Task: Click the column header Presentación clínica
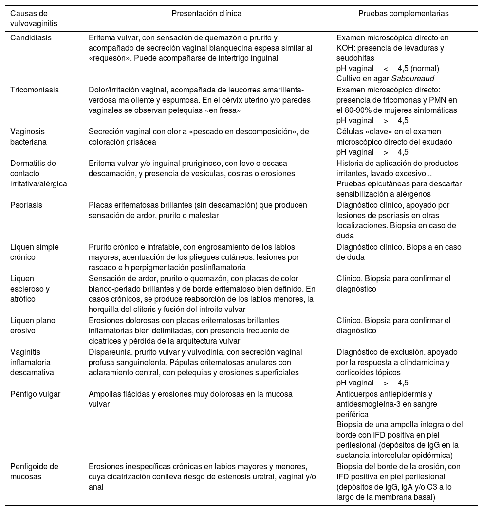[206, 14]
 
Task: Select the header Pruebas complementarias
[404, 14]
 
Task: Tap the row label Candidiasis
[31, 37]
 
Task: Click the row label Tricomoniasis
[34, 90]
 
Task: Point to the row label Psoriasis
[26, 205]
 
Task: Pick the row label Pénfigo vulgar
[35, 394]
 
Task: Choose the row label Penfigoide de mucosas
[34, 471]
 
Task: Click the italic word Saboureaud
[414, 78]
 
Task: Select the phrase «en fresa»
[222, 110]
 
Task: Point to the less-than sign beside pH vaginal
[386, 68]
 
